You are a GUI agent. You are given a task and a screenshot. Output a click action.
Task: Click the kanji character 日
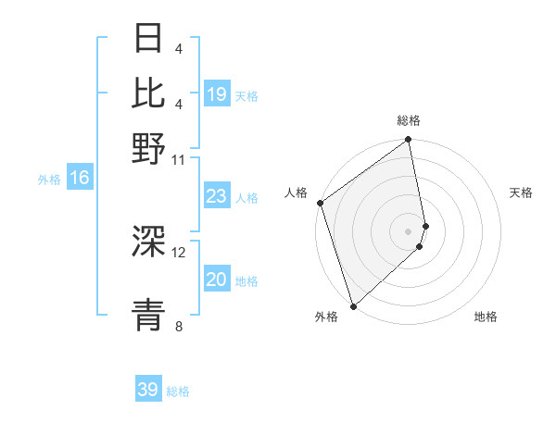click(148, 39)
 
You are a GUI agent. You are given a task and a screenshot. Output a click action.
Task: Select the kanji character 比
click(148, 93)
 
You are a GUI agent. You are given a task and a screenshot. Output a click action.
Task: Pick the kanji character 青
click(148, 312)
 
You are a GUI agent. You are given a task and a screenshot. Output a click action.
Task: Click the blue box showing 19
click(217, 94)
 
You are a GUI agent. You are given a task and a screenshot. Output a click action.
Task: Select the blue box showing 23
click(217, 196)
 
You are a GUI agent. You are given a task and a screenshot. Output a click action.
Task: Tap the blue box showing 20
click(217, 280)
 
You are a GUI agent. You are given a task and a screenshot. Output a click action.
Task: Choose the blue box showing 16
click(80, 179)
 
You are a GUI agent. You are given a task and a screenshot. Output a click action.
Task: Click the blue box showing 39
click(148, 390)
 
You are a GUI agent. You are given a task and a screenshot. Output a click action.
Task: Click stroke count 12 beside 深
click(179, 252)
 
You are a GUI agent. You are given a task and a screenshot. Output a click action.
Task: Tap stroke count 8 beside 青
click(178, 326)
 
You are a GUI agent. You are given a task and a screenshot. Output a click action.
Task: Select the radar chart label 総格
click(409, 120)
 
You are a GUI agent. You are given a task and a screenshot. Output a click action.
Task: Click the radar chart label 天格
click(521, 193)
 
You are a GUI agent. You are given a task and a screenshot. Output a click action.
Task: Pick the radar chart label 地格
click(486, 317)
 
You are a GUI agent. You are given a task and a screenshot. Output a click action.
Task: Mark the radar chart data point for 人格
click(320, 203)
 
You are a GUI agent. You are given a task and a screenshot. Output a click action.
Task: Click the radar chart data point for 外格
click(353, 305)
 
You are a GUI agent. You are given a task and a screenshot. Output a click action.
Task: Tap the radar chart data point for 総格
click(409, 141)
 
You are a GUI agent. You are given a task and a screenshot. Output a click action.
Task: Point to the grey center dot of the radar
click(409, 231)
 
